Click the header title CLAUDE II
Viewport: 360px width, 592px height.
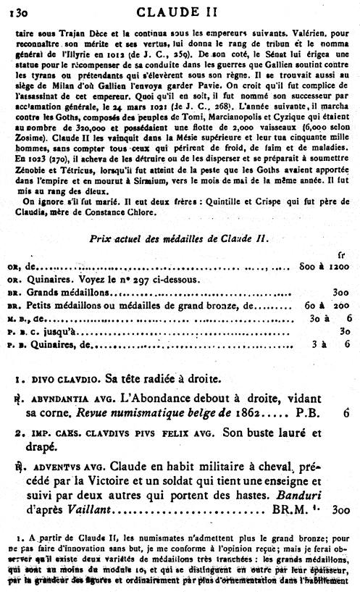[x=181, y=9]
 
